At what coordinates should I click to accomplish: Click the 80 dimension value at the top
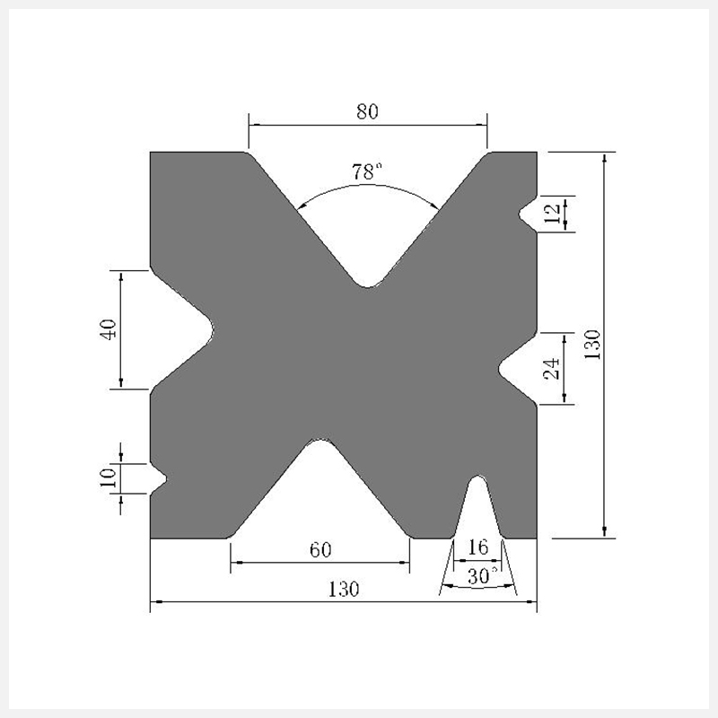click(x=367, y=111)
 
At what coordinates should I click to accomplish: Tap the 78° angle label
click(x=366, y=171)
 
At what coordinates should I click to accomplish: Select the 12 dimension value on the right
click(x=553, y=214)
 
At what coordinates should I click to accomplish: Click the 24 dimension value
click(x=552, y=369)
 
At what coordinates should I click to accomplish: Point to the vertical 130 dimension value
click(x=592, y=345)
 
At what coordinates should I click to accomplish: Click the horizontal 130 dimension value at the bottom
click(x=344, y=590)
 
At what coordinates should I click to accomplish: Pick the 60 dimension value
click(x=320, y=550)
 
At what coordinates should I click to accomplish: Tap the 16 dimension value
click(x=478, y=547)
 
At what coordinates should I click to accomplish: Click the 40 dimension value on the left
click(x=109, y=328)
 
